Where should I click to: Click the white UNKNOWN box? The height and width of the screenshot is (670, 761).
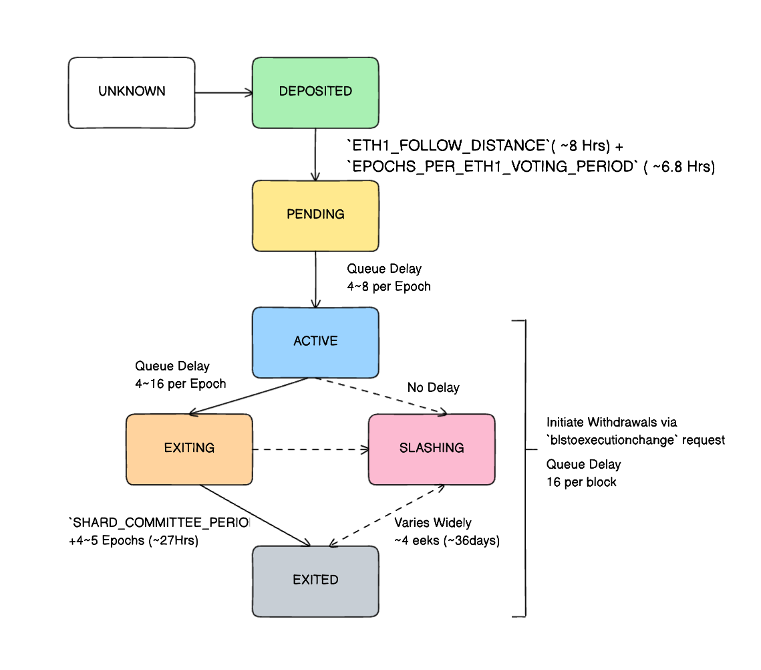pyautogui.click(x=132, y=92)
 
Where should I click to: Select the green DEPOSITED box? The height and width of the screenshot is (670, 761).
pyautogui.click(x=315, y=92)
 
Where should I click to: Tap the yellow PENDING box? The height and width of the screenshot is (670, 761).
pyautogui.click(x=315, y=215)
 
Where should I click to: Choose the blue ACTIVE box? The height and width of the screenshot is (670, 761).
pyautogui.click(x=315, y=342)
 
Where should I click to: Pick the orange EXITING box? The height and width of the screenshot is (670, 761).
pyautogui.click(x=189, y=449)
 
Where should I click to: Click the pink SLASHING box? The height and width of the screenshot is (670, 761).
pyautogui.click(x=432, y=449)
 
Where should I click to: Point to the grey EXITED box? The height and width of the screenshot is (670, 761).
pyautogui.click(x=315, y=580)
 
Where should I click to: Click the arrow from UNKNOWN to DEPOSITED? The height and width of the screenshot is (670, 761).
pyautogui.click(x=223, y=93)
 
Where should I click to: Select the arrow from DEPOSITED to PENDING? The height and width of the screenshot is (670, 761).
pyautogui.click(x=315, y=154)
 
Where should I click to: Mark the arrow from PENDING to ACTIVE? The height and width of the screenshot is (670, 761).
pyautogui.click(x=315, y=279)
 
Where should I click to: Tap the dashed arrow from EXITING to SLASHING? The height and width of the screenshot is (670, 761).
pyautogui.click(x=311, y=449)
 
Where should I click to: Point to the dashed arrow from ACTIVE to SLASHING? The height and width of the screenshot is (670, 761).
pyautogui.click(x=381, y=396)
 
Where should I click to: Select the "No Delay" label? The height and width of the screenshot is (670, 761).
pyautogui.click(x=433, y=388)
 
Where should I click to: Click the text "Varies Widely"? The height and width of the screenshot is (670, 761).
pyautogui.click(x=432, y=523)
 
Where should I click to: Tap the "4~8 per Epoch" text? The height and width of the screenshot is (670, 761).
pyautogui.click(x=388, y=287)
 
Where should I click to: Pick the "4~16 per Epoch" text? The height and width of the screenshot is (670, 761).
pyautogui.click(x=180, y=384)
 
